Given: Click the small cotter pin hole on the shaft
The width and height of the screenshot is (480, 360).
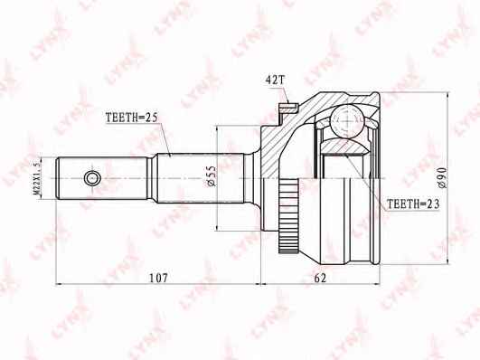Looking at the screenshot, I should point(90,175).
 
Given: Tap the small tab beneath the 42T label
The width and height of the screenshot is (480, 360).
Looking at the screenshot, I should point(287,109).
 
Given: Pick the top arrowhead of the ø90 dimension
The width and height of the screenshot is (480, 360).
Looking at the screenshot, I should point(450,95).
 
